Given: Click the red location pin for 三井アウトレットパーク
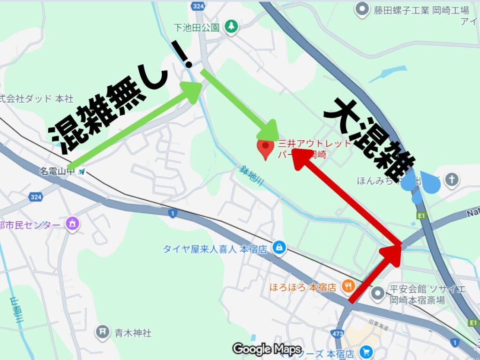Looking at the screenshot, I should click(x=265, y=148).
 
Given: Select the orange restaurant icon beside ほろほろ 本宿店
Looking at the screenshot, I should click(x=347, y=285).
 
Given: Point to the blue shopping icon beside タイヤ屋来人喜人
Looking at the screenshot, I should click(x=279, y=248).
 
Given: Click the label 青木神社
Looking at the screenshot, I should click(x=133, y=333).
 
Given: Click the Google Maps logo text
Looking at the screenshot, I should click(x=267, y=349).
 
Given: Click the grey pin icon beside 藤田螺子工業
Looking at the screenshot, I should click(x=361, y=9).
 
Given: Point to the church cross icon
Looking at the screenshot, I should click(x=451, y=180).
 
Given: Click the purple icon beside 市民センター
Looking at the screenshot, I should click(x=72, y=223).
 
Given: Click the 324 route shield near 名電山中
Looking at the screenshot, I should click(x=36, y=197).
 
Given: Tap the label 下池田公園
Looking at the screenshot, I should click(x=196, y=27).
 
